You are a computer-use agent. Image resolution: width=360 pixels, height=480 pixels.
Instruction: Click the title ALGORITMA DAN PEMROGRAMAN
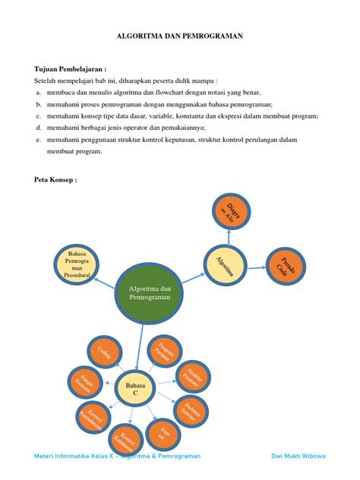tap(179, 36)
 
